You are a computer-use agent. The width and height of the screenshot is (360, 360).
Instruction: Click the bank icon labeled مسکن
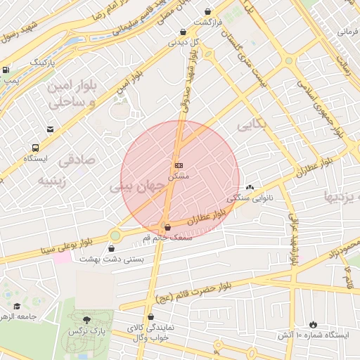[x=179, y=165]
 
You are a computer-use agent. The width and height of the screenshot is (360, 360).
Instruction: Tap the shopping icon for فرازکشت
[x=208, y=11]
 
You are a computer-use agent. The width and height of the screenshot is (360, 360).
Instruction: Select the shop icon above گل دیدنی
[x=184, y=32]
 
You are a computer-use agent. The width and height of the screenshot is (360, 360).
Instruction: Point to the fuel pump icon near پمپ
[x=6, y=70]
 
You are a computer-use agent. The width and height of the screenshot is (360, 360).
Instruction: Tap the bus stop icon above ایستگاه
[x=35, y=148]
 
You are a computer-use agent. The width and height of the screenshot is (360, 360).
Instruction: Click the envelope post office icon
[x=50, y=129]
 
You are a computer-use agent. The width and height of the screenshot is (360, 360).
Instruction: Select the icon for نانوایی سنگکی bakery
[x=250, y=188]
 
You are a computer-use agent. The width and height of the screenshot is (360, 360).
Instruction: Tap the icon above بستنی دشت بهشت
[x=112, y=247]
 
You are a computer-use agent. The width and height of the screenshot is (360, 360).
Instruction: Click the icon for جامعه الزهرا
[x=18, y=306]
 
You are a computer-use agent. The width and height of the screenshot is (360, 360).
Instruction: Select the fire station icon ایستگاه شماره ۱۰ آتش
[x=313, y=324]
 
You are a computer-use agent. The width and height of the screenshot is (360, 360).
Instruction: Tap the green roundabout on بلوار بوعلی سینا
[x=115, y=236]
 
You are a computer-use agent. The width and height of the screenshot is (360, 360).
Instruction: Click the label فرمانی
[x=347, y=32]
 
